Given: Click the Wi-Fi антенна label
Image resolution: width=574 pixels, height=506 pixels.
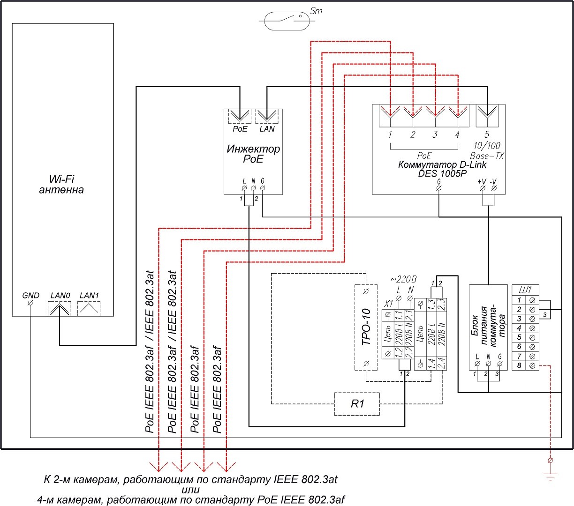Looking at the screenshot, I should pyautogui.click(x=61, y=185).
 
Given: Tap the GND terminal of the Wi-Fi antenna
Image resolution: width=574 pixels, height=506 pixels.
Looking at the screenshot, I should pyautogui.click(x=30, y=304).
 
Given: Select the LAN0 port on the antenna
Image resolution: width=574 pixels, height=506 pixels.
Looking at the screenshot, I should pyautogui.click(x=60, y=308).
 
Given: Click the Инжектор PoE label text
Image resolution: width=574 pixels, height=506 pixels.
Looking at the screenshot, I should pyautogui.click(x=253, y=154).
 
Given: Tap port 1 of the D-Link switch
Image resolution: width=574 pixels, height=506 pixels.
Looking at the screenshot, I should pyautogui.click(x=390, y=116).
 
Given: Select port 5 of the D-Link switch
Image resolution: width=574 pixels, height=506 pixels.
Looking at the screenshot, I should pyautogui.click(x=487, y=116).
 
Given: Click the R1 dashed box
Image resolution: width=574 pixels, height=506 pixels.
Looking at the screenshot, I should pyautogui.click(x=357, y=403).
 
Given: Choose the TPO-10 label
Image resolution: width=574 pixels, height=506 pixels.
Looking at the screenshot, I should pyautogui.click(x=366, y=327).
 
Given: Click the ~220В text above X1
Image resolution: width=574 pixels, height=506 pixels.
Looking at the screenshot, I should pyautogui.click(x=403, y=280).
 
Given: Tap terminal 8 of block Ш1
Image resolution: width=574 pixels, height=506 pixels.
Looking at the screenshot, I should pyautogui.click(x=533, y=365).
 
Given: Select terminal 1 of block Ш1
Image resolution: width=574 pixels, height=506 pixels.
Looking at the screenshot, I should pyautogui.click(x=533, y=300).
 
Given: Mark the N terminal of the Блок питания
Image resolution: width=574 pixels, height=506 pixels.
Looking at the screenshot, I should pyautogui.click(x=488, y=364).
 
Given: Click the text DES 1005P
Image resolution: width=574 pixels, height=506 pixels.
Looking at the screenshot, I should pyautogui.click(x=442, y=173).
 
